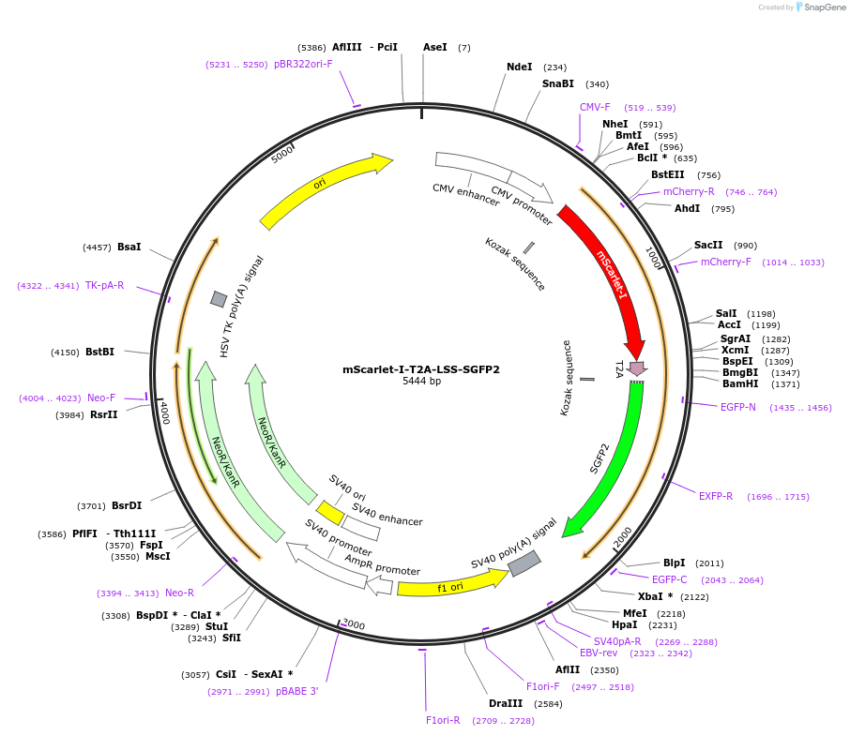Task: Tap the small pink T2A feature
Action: pos(637,368)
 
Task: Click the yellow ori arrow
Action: pos(324,191)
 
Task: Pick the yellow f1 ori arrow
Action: pos(450,585)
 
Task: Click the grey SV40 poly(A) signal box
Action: pos(524,563)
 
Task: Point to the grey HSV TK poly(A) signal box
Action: pos(219,299)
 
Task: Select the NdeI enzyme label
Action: pos(519,68)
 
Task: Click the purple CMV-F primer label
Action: pos(595,108)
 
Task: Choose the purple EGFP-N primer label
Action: pos(738,408)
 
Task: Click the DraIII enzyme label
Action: pos(506,703)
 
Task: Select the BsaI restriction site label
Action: pos(129,248)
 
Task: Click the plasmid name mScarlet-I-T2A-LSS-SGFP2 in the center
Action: pos(421,369)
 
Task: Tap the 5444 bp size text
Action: pos(421,382)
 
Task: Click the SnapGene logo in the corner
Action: pos(820,8)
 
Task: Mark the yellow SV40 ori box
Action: pos(329,513)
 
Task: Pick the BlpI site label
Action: pos(674,563)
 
